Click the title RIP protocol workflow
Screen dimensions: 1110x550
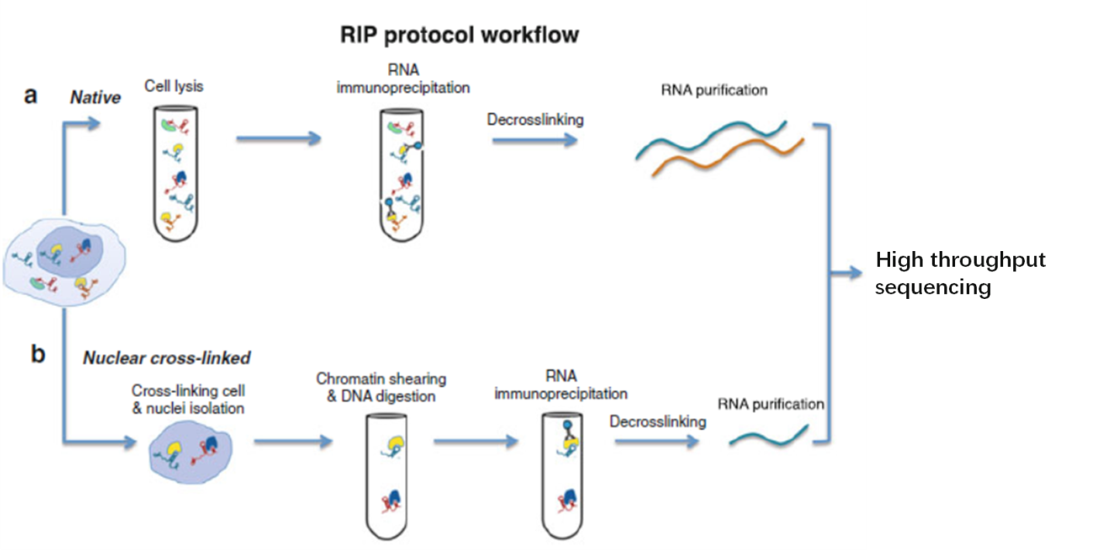click(x=459, y=35)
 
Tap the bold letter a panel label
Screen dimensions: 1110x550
click(x=30, y=94)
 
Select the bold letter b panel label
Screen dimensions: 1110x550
click(x=38, y=354)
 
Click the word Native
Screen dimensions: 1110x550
click(x=95, y=98)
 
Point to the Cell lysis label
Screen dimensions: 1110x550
click(x=174, y=86)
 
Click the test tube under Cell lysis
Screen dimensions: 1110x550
click(x=175, y=174)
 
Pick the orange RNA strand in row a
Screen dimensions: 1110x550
click(x=728, y=155)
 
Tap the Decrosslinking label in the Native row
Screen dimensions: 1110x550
click(x=535, y=120)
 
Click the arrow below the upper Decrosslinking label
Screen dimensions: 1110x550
click(x=535, y=140)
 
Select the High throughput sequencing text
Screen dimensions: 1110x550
click(x=960, y=273)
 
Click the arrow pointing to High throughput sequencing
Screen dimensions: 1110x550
click(x=846, y=273)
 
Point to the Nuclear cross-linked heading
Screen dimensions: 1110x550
click(x=167, y=358)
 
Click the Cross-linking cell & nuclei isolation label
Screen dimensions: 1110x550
click(x=189, y=399)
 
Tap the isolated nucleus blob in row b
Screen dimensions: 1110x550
click(x=190, y=452)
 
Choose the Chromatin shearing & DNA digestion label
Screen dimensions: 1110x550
click(x=381, y=387)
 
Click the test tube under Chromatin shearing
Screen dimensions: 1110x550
click(x=387, y=477)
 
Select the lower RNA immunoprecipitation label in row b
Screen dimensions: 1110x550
click(x=561, y=385)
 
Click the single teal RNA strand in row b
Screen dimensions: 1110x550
click(x=769, y=436)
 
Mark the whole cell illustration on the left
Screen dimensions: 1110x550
click(x=64, y=263)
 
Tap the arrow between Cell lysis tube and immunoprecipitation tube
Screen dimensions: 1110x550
click(x=279, y=138)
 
